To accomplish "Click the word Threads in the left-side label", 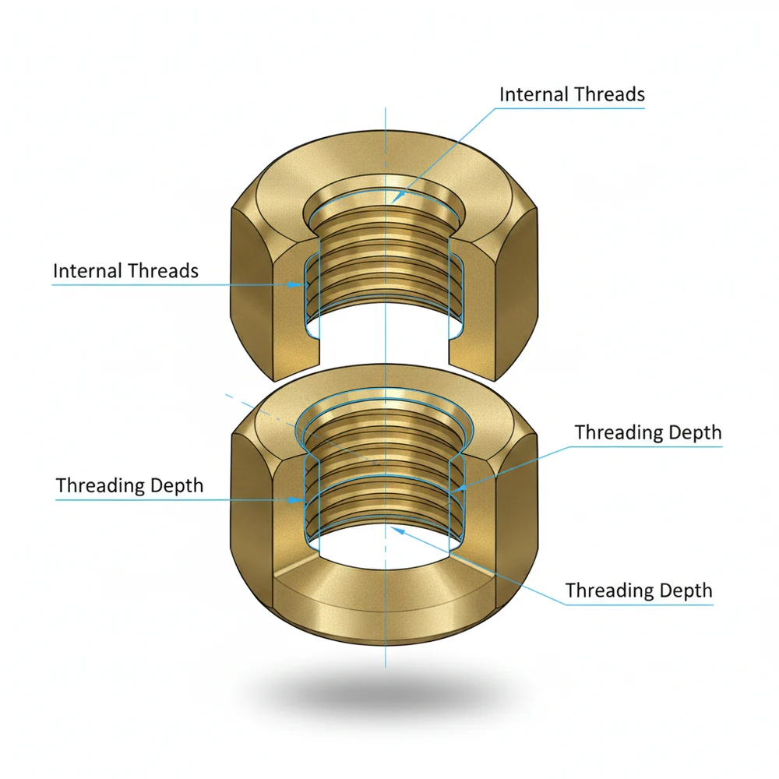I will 163,271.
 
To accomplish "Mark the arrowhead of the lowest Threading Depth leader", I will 395,529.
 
